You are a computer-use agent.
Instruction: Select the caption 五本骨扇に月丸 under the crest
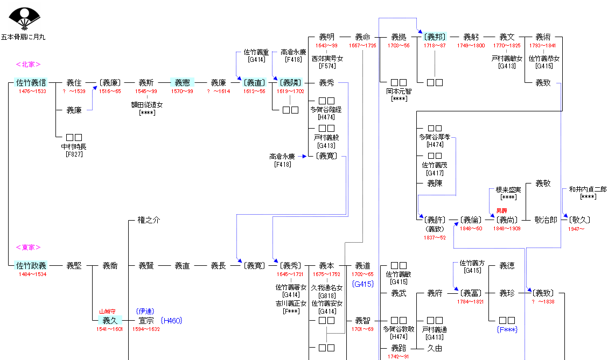23,37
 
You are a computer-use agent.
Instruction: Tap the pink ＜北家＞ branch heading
29,65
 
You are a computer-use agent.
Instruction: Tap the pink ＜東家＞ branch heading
29,248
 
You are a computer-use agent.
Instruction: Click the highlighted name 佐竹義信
31,83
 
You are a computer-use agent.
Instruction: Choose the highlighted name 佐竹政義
31,265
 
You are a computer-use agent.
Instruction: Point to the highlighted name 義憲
182,83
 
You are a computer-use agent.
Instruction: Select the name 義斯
146,83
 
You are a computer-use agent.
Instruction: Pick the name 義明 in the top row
326,37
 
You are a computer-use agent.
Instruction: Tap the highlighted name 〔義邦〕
435,37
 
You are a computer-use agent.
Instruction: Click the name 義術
543,37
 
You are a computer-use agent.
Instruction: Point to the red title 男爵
501,211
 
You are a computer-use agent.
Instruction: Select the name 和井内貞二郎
588,189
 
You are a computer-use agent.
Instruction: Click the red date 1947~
576,229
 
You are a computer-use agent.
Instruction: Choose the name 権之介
149,220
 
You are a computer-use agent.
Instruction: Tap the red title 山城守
107,312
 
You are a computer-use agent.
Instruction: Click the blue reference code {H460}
171,321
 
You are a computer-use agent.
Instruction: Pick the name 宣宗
146,321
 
